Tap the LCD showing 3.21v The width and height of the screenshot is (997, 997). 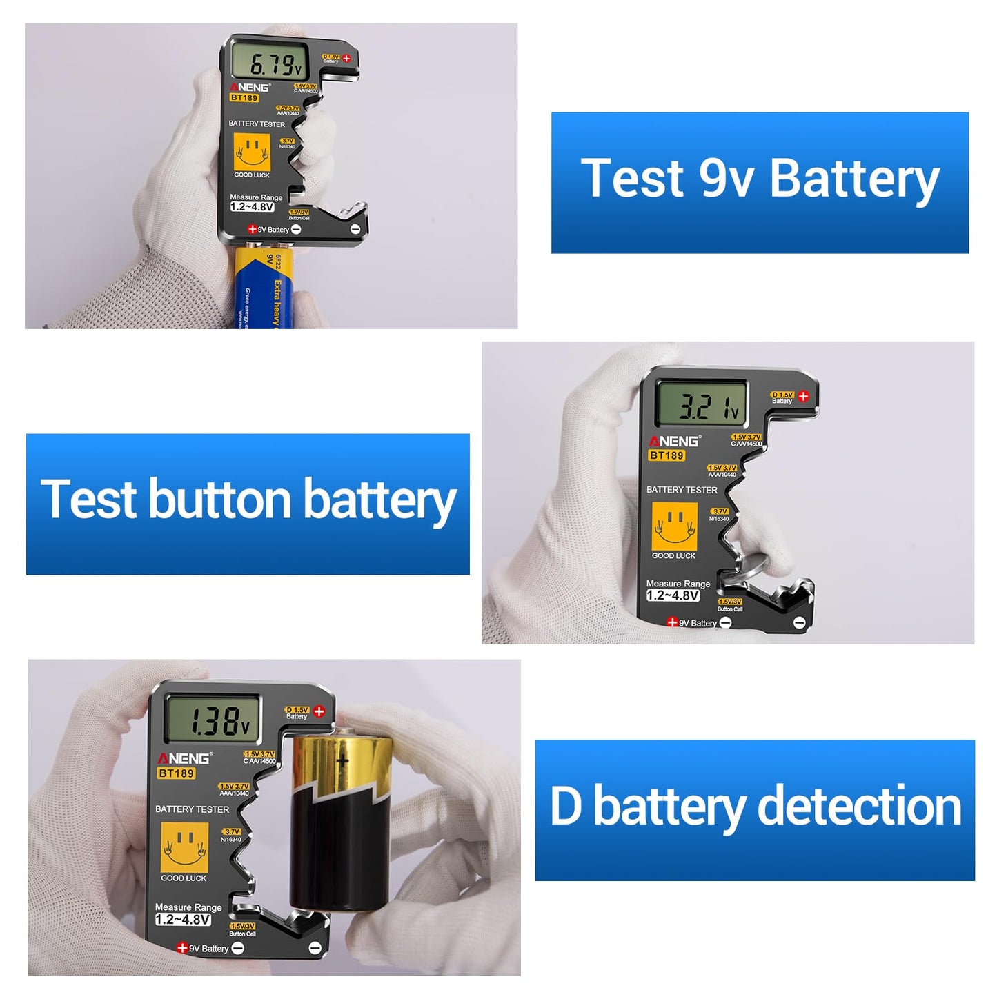click(701, 404)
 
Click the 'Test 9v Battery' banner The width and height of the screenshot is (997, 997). click(760, 182)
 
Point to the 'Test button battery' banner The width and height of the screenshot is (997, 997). click(248, 504)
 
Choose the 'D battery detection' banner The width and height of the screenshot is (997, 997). click(755, 809)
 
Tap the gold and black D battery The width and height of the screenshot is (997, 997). click(337, 821)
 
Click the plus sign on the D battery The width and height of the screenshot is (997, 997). click(342, 762)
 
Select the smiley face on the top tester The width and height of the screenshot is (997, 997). click(252, 151)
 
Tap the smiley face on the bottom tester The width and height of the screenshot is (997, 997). click(184, 847)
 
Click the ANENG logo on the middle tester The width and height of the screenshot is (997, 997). click(675, 441)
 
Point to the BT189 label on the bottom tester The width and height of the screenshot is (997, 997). click(176, 773)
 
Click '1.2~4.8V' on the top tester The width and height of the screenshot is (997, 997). click(252, 207)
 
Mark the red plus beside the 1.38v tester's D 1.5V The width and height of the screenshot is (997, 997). click(319, 711)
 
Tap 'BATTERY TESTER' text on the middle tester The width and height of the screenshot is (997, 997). click(682, 490)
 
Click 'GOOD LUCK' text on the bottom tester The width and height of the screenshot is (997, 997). click(184, 878)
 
